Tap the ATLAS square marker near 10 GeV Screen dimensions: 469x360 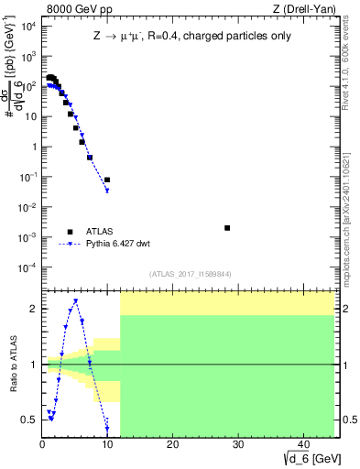[x=107, y=180]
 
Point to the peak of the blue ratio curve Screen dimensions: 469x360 [x=75, y=300]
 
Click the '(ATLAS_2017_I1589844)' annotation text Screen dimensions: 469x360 [x=189, y=273]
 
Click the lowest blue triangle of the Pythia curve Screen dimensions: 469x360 [x=107, y=191]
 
